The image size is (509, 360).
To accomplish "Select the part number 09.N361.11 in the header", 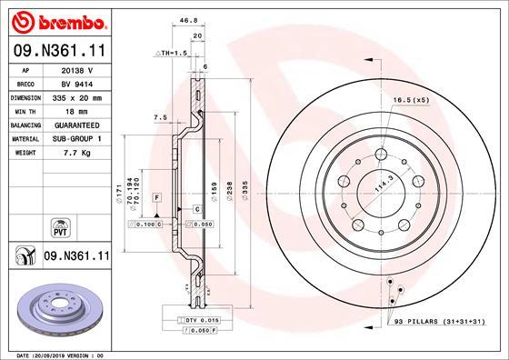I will (x=57, y=53).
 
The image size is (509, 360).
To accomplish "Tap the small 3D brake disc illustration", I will (x=56, y=308).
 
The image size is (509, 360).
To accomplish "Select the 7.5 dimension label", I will (x=161, y=117).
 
